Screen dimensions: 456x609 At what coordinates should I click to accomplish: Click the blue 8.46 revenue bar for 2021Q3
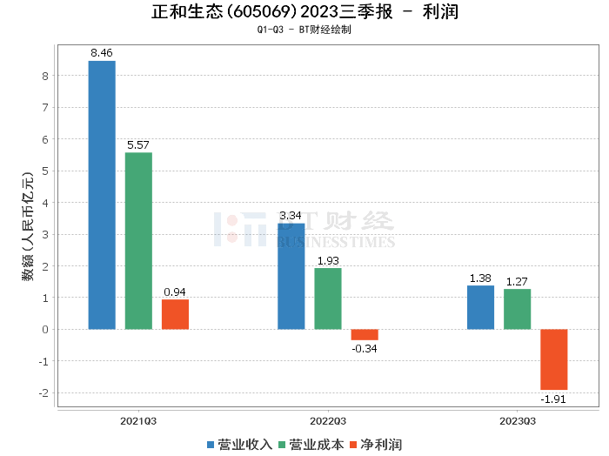coord(102,195)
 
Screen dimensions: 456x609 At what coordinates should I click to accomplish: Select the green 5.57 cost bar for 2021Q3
coord(138,241)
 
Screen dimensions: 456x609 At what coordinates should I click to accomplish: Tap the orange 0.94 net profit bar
coord(175,314)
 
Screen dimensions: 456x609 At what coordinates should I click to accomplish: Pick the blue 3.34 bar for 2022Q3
coord(291,276)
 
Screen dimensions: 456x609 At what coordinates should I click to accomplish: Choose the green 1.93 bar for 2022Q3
coord(328,298)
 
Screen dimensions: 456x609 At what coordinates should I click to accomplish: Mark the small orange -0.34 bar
coord(365,334)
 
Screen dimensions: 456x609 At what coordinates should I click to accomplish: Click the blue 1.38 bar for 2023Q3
coord(480,307)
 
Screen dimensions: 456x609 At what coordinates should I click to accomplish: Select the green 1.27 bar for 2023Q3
coord(517,309)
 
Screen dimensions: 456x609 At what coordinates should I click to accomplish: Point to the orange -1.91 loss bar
coord(553,359)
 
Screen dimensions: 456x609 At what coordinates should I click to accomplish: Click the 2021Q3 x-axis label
coord(138,420)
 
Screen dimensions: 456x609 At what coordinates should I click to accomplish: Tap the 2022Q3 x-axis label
coord(328,420)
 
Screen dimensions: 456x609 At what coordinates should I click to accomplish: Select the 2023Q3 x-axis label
coord(517,420)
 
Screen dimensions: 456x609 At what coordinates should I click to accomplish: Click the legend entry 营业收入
coord(240,444)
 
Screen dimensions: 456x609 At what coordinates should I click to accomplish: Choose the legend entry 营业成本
coord(311,444)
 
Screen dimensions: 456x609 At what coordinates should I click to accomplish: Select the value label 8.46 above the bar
coord(102,53)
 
